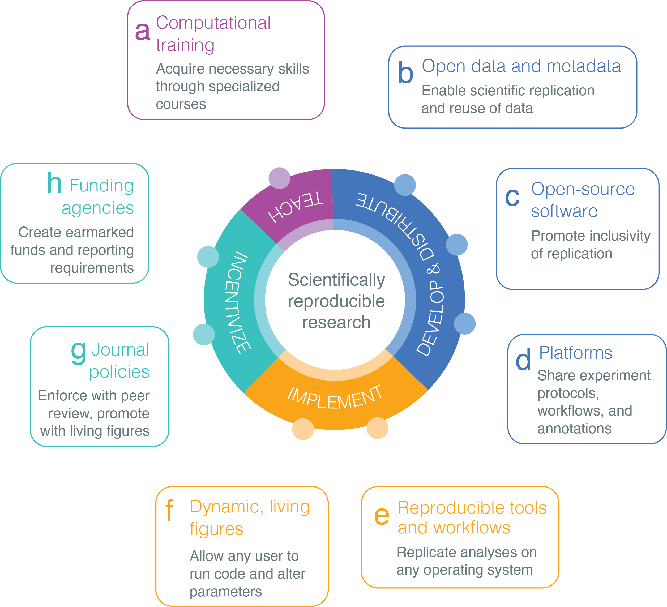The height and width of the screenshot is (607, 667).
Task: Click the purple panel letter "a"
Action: [x=143, y=32]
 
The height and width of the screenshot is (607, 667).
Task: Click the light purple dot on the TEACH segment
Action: [x=280, y=178]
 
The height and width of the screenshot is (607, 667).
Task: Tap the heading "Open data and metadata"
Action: [x=521, y=66]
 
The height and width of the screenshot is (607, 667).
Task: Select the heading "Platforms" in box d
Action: [x=576, y=353]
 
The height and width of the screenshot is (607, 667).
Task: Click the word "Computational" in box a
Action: [x=213, y=23]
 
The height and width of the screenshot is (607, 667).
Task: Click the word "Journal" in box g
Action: [x=121, y=350]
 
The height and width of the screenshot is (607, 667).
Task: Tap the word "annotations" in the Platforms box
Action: [x=574, y=428]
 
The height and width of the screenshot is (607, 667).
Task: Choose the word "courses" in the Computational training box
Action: [x=181, y=104]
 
